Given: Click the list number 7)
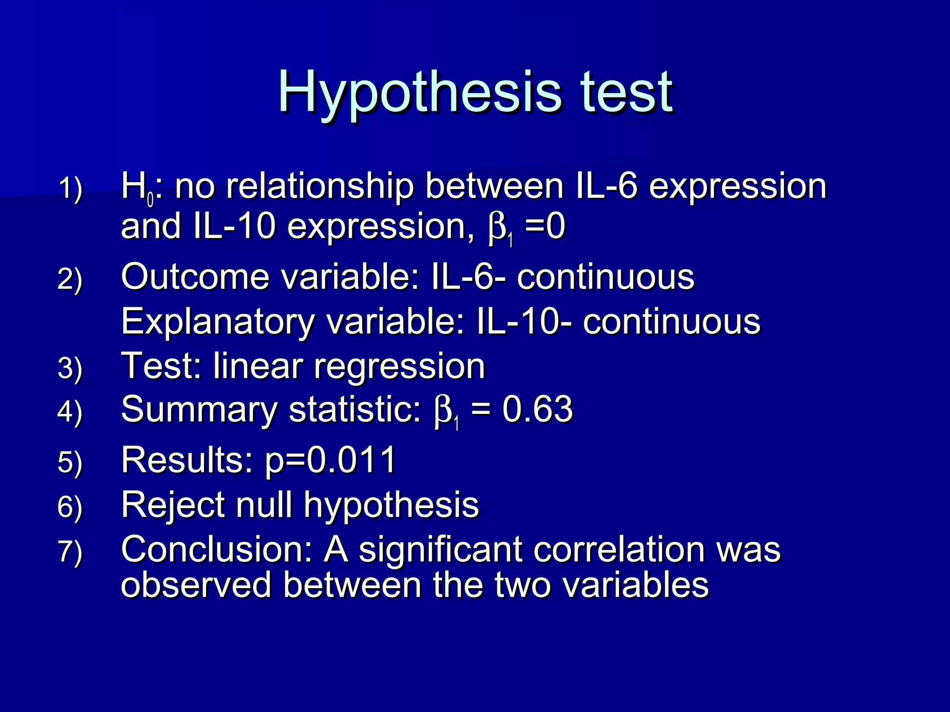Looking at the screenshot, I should (x=70, y=552).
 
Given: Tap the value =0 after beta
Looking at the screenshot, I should (x=545, y=227).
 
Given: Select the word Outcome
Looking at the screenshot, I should (x=195, y=277).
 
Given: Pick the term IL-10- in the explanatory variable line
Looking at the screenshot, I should (x=524, y=322).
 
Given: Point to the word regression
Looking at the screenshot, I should (x=399, y=366).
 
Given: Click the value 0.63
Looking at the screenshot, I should (x=538, y=410).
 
